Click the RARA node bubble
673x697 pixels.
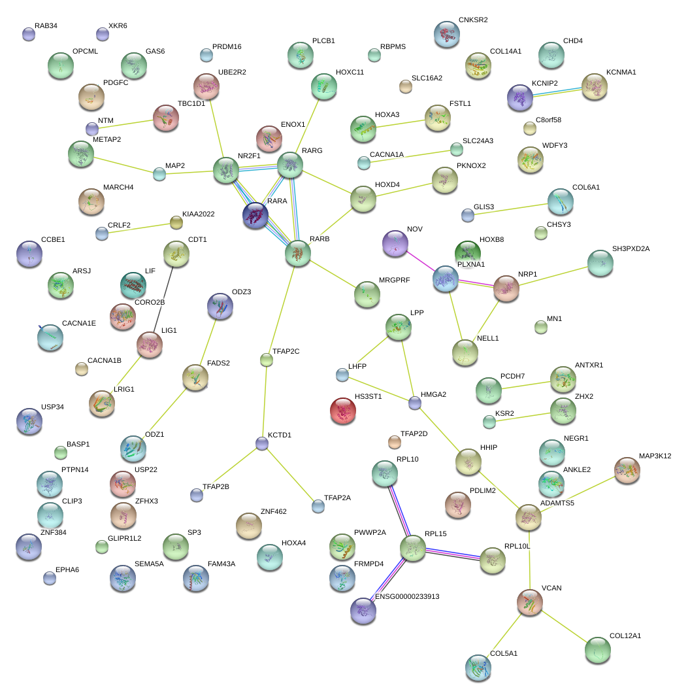coord(255,214)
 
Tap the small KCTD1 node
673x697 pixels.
coord(261,444)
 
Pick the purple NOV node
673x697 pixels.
coord(395,243)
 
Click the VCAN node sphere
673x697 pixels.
coord(529,602)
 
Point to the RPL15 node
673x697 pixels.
coord(412,548)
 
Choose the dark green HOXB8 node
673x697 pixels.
coord(467,252)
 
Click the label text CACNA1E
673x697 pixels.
coord(78,324)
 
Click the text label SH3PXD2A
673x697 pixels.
coord(632,249)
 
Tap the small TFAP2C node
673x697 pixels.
coord(266,359)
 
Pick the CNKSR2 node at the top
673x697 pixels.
coord(447,34)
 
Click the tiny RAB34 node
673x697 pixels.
coord(28,34)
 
